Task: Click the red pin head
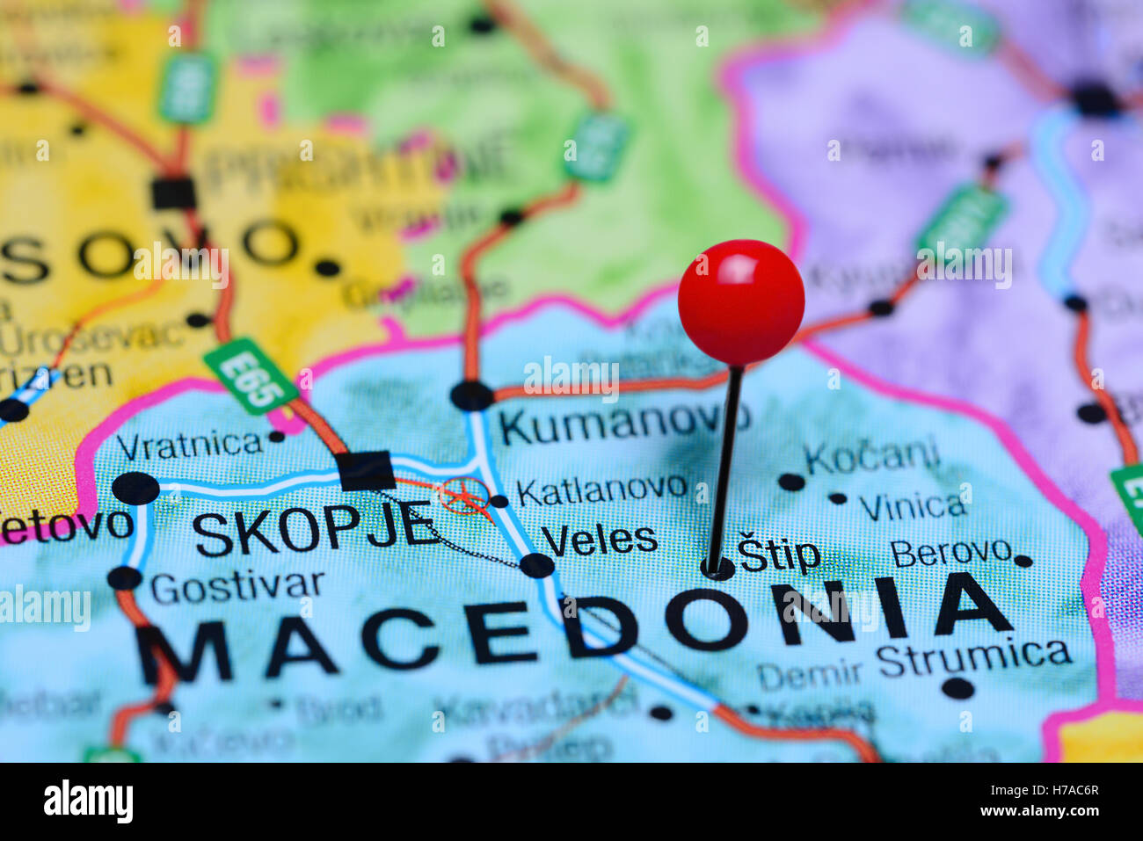coord(740,301)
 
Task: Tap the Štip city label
coord(779,555)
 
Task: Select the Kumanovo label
coord(623,424)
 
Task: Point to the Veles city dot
coord(536,564)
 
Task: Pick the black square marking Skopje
coord(367,470)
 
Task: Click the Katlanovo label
coord(601,489)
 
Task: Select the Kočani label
coord(870,457)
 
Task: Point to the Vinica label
coord(912,506)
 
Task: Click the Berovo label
coord(950,553)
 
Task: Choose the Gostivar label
coord(237,586)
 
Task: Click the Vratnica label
coord(189,446)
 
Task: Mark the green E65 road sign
coord(250,375)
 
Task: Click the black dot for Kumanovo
coord(471,395)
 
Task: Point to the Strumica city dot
coord(957,688)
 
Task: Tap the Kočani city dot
coord(790,482)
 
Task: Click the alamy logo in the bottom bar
coord(88,801)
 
